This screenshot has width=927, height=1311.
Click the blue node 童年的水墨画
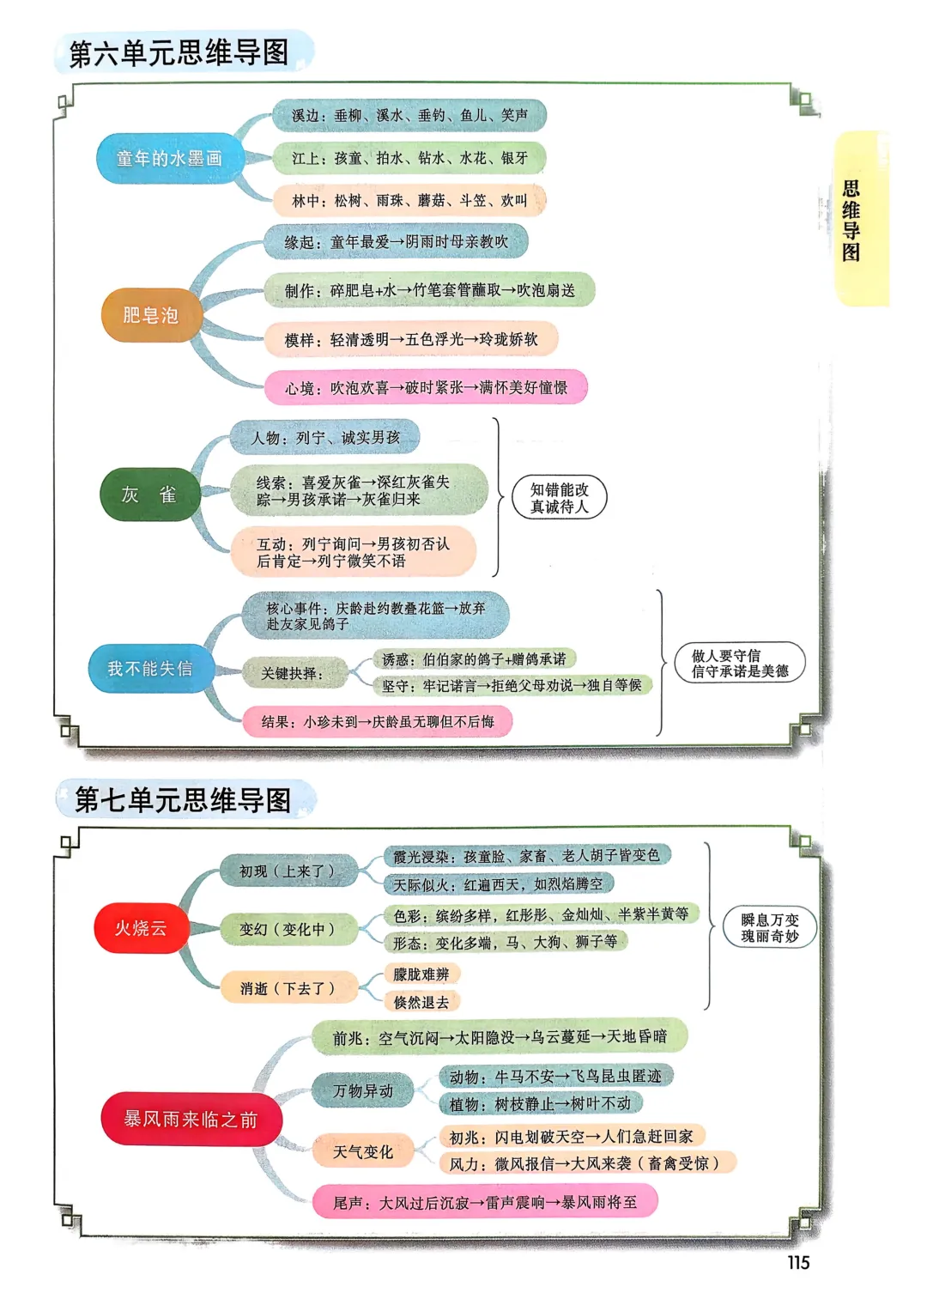point(170,159)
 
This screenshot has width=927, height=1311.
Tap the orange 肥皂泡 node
point(151,315)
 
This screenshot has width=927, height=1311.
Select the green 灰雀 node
point(150,495)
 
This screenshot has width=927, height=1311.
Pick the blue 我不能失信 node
point(150,669)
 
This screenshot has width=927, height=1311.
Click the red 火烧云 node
point(141,928)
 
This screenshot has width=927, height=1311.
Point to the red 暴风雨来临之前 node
point(191,1119)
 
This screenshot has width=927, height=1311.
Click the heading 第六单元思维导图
point(179,52)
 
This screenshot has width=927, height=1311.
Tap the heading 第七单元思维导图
point(183,799)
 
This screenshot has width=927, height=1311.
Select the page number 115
point(798,1262)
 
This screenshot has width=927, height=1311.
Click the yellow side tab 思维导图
point(851,220)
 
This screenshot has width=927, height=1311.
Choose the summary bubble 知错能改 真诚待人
point(559,498)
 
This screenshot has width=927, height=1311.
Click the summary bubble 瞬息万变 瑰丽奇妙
point(770,928)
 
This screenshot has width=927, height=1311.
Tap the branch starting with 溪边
point(409,115)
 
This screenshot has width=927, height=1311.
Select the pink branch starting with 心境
point(426,388)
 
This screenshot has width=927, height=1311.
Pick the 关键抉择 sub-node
point(293,674)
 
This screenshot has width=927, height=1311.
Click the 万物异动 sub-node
point(363,1090)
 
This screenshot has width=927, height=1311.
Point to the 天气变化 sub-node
point(363,1151)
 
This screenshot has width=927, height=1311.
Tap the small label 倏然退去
point(421,1002)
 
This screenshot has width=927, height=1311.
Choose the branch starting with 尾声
point(485,1202)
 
